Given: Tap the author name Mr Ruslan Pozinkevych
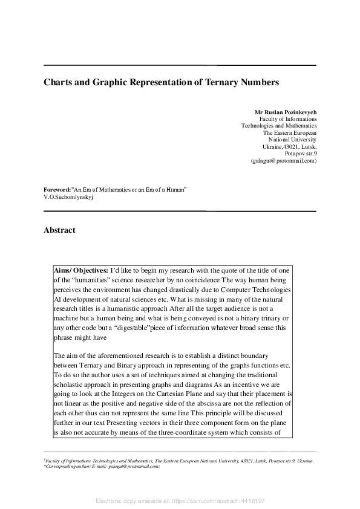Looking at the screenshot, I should pos(286,112).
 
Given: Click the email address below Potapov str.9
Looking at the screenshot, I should pos(283,161).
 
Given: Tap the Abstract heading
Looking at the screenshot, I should pos(59,230).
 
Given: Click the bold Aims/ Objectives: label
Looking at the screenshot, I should pos(81,270).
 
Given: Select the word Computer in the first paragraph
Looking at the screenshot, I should pos(236,290).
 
